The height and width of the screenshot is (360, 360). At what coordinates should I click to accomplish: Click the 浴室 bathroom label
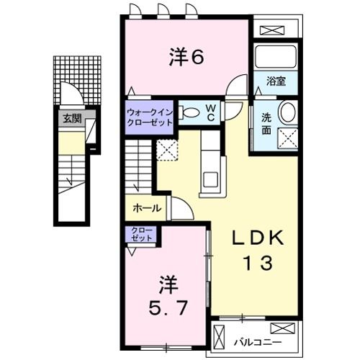tap(276, 81)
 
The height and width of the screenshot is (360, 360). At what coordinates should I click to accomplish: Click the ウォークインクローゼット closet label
tap(150, 117)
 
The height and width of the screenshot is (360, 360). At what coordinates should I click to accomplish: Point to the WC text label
tap(213, 113)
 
